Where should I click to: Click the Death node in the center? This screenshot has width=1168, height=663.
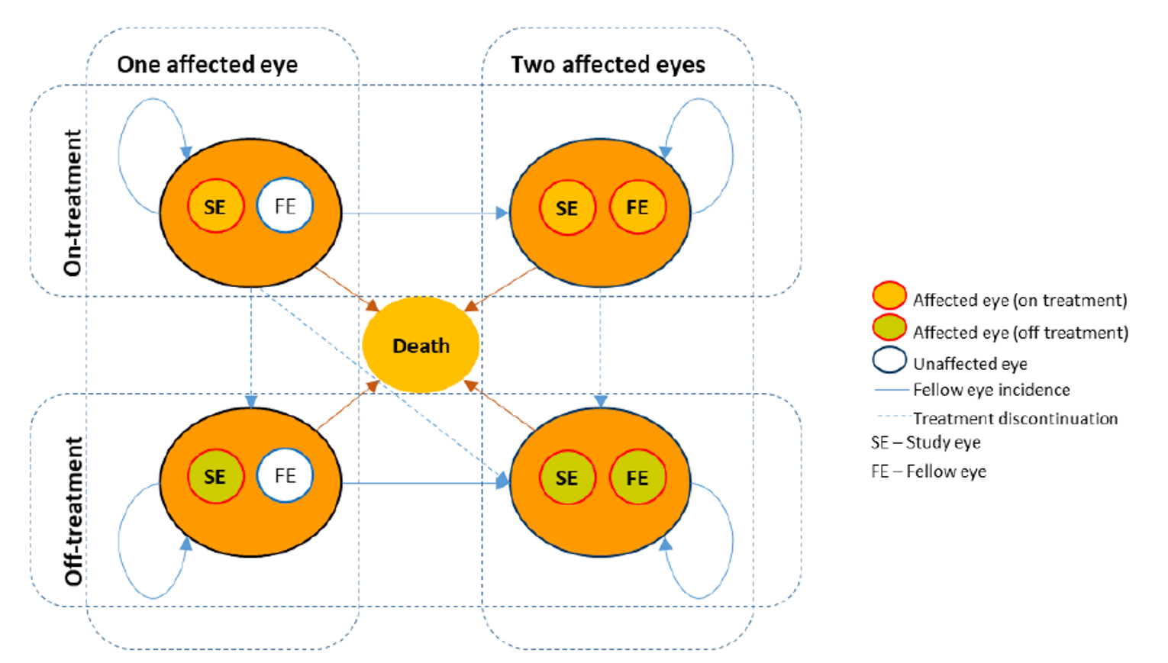click(x=421, y=346)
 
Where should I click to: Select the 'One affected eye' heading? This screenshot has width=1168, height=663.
click(x=207, y=65)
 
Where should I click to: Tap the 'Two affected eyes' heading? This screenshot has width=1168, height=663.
click(x=608, y=65)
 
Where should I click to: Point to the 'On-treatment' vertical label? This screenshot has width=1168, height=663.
click(x=73, y=202)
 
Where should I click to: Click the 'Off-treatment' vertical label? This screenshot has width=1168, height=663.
click(x=73, y=510)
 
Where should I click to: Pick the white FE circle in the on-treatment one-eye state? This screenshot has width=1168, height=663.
click(x=285, y=206)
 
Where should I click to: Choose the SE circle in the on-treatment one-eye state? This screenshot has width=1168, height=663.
click(x=215, y=207)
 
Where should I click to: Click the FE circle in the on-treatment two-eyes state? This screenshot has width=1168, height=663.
click(x=637, y=208)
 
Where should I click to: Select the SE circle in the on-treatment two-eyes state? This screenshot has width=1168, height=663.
click(x=566, y=208)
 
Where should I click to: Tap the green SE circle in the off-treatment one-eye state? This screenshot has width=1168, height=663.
click(x=215, y=477)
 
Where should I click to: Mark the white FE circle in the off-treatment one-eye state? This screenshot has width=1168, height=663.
click(x=285, y=476)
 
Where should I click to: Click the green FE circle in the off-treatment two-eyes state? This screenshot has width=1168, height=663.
click(x=637, y=478)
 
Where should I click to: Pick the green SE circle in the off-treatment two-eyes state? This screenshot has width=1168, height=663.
click(x=566, y=478)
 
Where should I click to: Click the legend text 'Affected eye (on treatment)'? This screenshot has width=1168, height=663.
click(x=1019, y=300)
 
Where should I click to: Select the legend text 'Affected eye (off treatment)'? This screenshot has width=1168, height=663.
click(x=1020, y=332)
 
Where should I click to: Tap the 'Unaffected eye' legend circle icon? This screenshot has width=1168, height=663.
click(x=889, y=360)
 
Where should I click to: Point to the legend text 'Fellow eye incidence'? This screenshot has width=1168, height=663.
click(x=991, y=390)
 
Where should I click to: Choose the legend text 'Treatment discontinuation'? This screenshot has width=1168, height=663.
click(x=1015, y=418)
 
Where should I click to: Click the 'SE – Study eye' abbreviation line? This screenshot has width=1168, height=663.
click(x=925, y=443)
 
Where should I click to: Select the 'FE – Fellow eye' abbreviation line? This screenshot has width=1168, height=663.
click(x=928, y=472)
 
